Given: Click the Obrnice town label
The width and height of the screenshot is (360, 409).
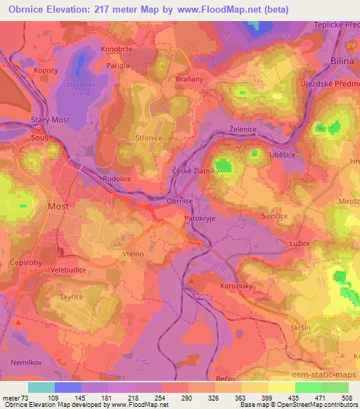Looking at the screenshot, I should click(179, 201).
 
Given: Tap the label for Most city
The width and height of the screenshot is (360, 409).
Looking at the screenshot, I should click(58, 207).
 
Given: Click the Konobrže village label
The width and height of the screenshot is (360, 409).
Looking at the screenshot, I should click(117, 49).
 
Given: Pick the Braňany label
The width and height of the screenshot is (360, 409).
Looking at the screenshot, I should click(189, 79).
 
